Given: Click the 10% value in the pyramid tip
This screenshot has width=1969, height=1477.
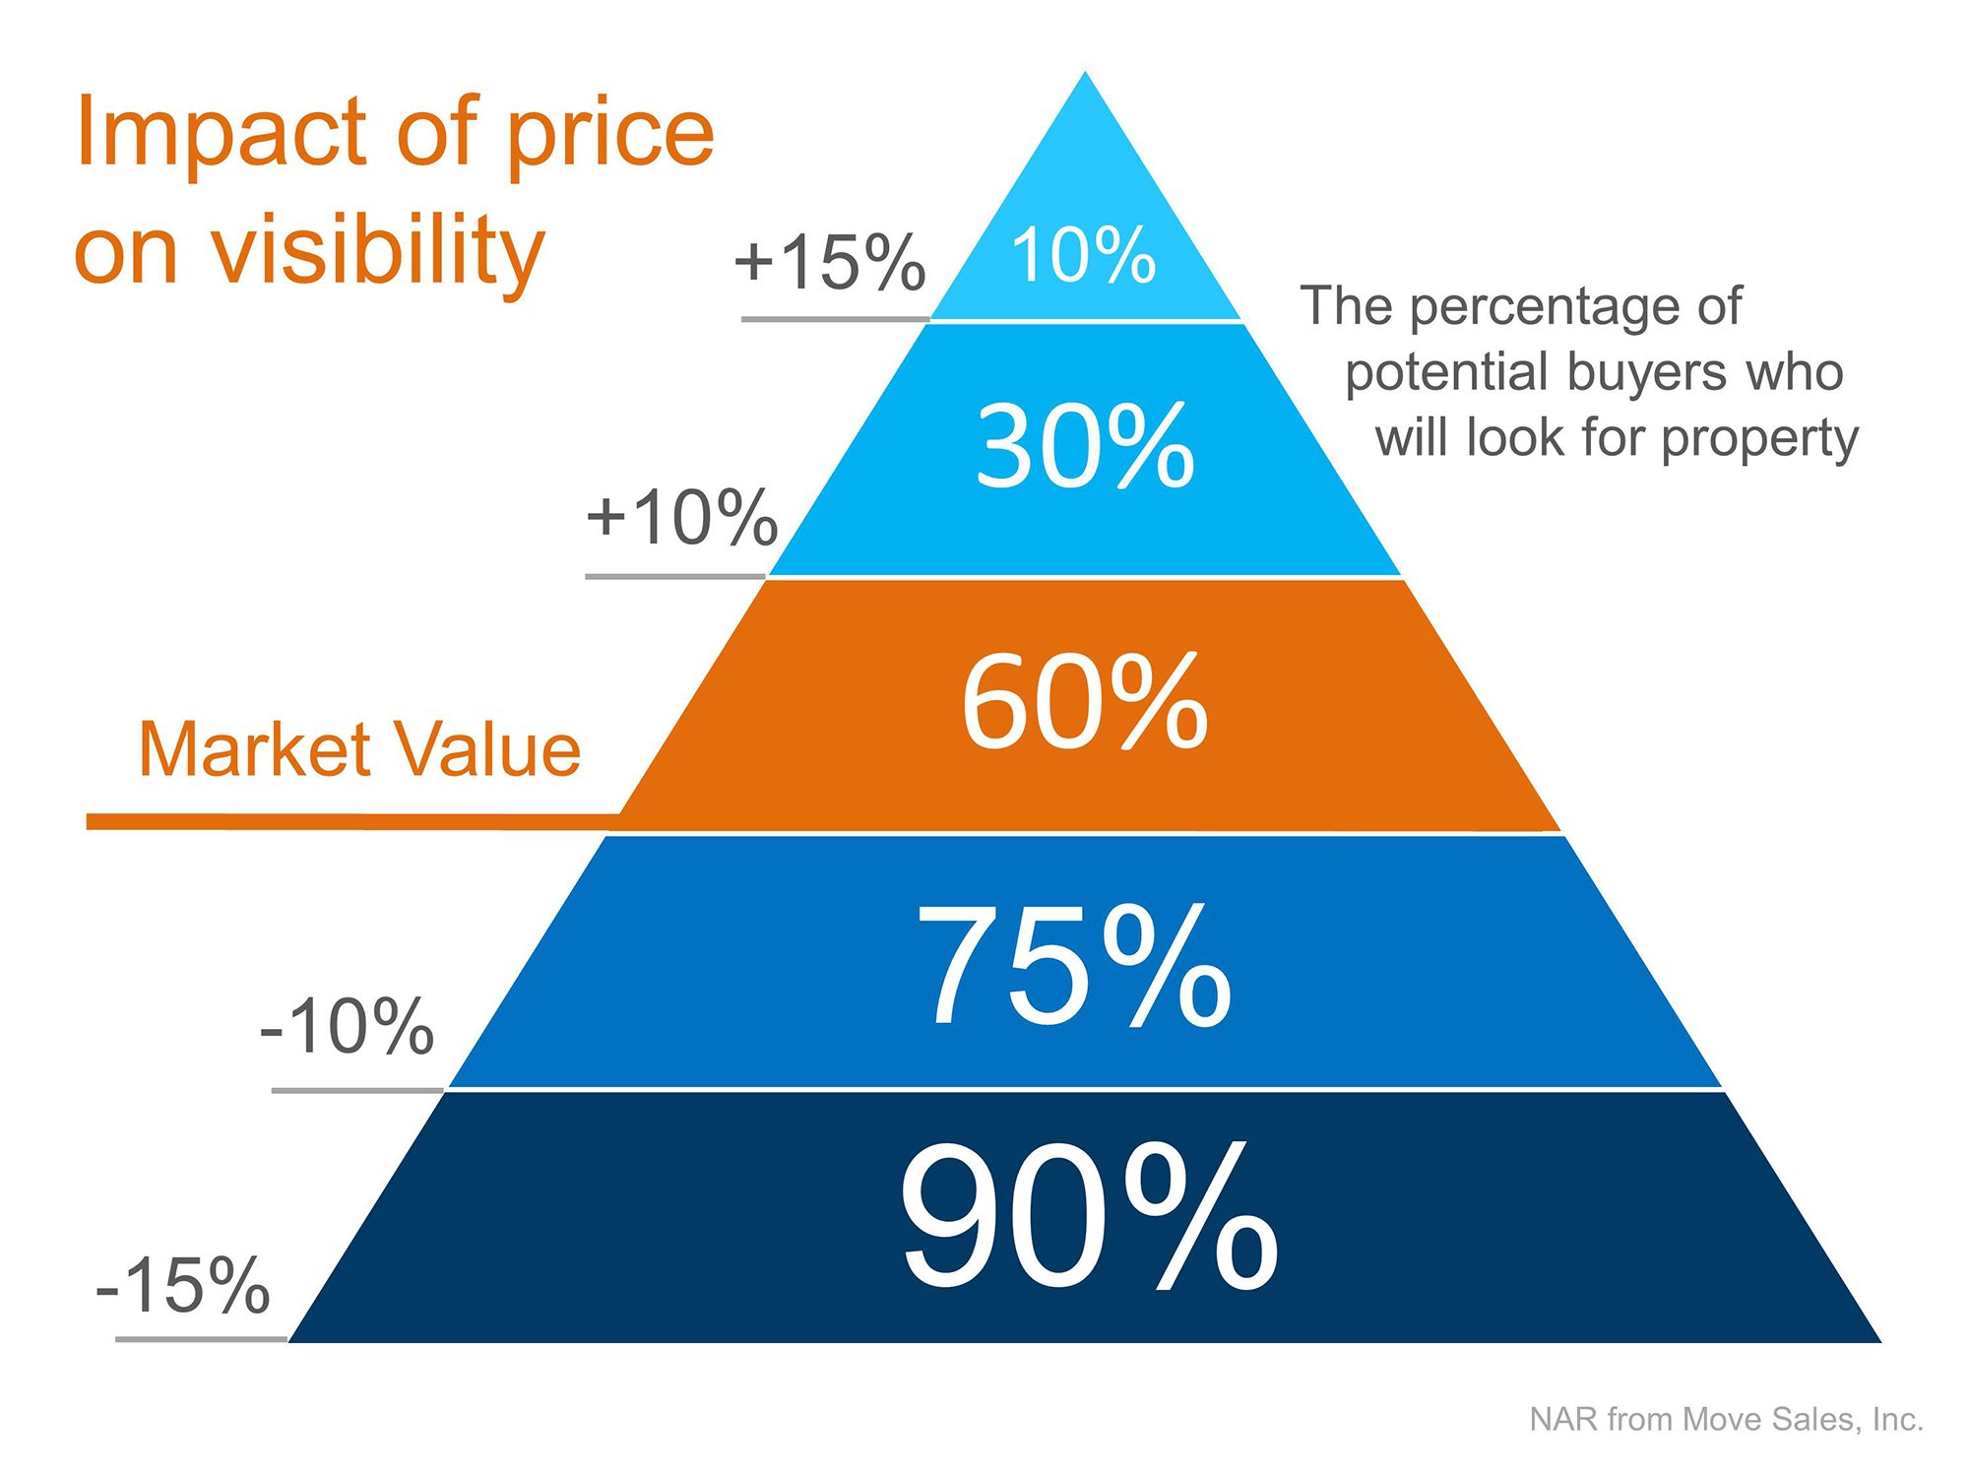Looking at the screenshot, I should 1083,255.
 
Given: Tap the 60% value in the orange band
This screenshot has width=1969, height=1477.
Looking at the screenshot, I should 1084,702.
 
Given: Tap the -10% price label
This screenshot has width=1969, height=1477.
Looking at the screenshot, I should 347,1027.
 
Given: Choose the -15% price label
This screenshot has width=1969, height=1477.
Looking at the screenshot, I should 183,1285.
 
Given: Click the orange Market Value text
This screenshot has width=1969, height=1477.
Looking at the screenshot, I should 359,749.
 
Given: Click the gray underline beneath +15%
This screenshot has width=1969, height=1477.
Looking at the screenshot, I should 835,319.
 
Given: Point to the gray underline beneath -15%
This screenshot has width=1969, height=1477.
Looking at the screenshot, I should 201,1339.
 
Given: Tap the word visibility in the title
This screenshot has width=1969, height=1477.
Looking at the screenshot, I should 379,251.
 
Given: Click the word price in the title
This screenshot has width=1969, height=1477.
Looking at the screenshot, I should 609,136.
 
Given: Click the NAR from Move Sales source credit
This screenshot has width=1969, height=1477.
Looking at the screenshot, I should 1726,1419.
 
